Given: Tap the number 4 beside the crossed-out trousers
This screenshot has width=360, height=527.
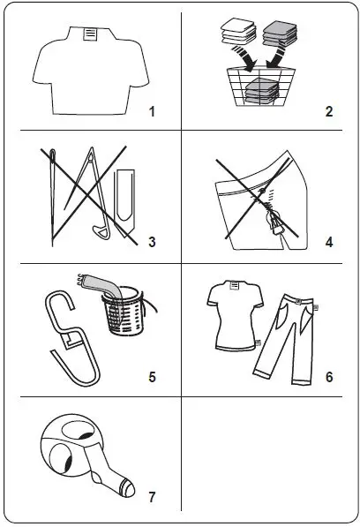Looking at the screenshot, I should point(328,243).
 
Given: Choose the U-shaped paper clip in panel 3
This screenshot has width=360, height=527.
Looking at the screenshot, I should point(123,198).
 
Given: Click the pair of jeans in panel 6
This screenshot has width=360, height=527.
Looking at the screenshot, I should point(286,340).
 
